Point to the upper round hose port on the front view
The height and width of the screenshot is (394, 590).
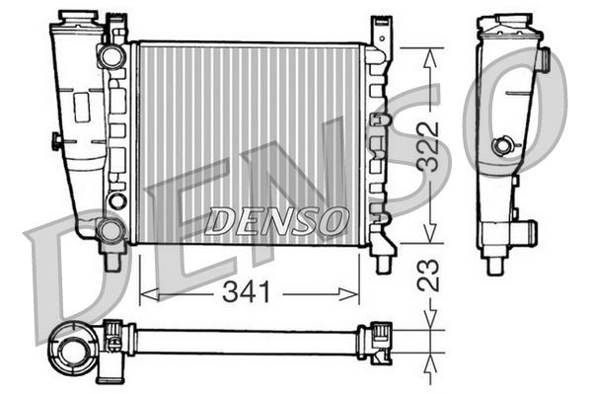111,56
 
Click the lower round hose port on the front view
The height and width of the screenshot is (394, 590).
111,231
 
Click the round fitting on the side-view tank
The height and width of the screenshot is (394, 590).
504,146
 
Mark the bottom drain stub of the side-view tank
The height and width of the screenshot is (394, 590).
495,265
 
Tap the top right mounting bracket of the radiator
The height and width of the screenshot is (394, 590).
379,32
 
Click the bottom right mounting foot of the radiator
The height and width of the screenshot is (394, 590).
382,259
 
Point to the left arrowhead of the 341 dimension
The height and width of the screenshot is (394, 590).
144,291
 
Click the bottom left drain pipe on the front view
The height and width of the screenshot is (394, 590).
111,261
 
